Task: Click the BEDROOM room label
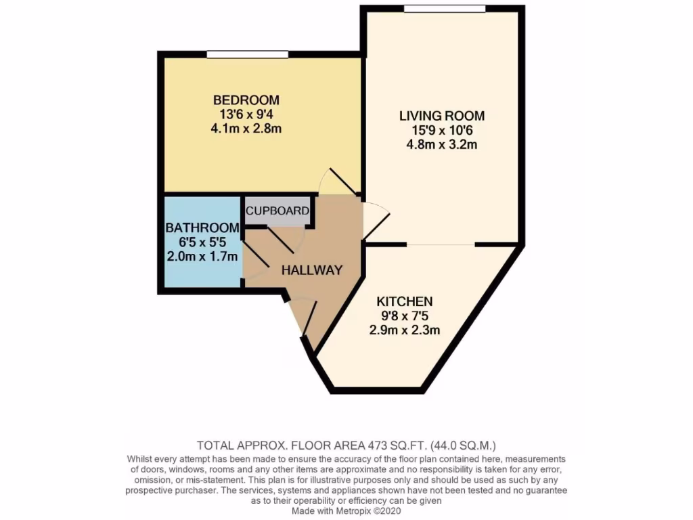click(x=245, y=100)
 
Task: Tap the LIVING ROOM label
click(x=441, y=116)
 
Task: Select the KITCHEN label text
click(x=405, y=301)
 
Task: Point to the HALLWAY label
click(x=312, y=269)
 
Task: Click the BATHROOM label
click(x=202, y=227)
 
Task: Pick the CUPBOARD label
click(x=277, y=211)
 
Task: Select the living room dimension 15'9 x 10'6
click(x=441, y=131)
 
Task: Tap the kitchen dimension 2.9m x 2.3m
click(x=405, y=330)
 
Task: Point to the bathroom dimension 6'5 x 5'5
click(x=202, y=242)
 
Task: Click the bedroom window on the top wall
click(x=248, y=54)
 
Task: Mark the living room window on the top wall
click(x=445, y=9)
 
